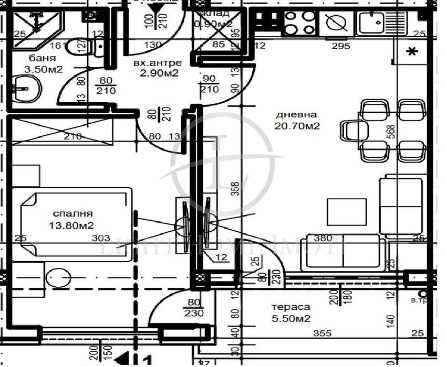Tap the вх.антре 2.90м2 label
(156, 68)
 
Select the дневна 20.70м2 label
(297, 120)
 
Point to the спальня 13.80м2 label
(73, 220)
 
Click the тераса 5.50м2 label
(291, 312)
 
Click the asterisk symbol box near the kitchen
(413, 51)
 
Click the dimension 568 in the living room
(405, 132)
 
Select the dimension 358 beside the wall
(235, 188)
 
